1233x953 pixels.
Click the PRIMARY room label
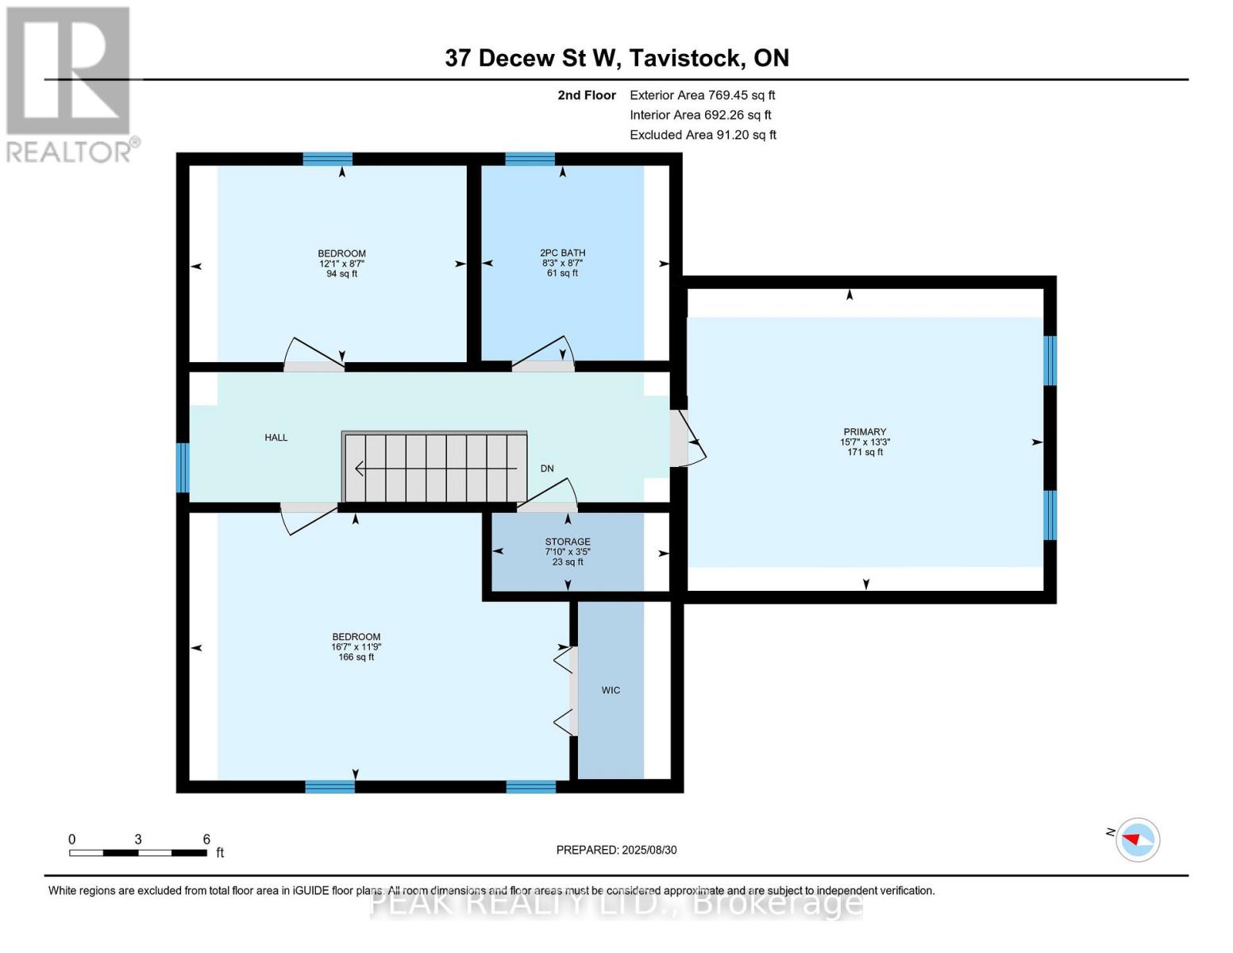point(864,432)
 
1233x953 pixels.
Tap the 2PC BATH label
point(562,253)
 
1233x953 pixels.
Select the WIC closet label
point(611,690)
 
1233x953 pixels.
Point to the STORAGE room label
point(567,542)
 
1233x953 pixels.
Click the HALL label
point(276,438)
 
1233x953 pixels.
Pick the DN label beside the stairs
point(547,469)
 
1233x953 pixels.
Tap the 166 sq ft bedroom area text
point(356,657)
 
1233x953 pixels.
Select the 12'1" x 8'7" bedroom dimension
point(341,264)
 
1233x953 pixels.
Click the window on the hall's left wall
point(183,468)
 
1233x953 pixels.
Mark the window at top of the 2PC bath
point(530,159)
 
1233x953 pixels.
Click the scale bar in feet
point(138,852)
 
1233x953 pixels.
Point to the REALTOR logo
point(70,83)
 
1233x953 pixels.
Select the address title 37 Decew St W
point(616,58)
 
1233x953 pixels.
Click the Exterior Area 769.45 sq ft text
point(702,95)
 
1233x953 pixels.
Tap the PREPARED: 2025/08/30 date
point(616,850)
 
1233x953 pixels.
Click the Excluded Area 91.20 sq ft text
point(703,135)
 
